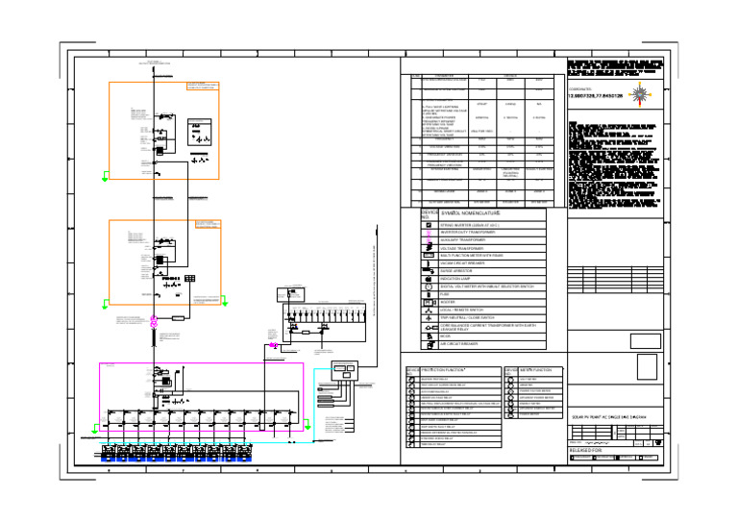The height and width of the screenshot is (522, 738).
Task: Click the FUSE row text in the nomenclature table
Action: point(447,294)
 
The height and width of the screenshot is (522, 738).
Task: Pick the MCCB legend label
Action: point(446,336)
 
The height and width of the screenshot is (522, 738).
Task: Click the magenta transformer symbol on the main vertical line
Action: point(152,324)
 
